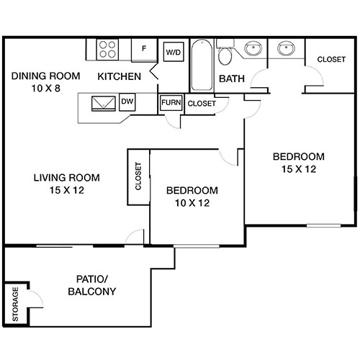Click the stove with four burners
(x=108, y=49)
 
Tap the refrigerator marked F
(x=144, y=49)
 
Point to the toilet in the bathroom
(x=225, y=57)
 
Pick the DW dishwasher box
(x=127, y=102)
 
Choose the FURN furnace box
(x=171, y=103)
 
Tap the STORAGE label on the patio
(x=14, y=305)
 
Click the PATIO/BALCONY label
(x=92, y=285)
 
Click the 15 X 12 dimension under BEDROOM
(x=298, y=169)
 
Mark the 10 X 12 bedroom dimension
(x=192, y=203)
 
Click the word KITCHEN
(x=120, y=76)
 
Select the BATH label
(x=230, y=78)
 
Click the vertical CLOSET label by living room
(x=138, y=176)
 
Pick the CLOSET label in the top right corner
(x=330, y=59)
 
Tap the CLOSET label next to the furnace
(x=202, y=104)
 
